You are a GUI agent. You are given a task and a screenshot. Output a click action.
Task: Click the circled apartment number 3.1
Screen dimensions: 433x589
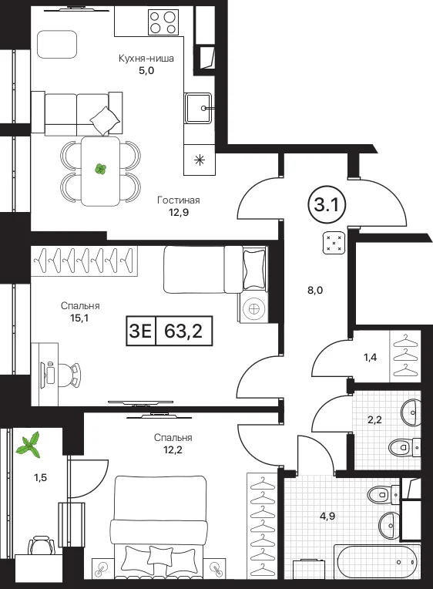click(x=327, y=206)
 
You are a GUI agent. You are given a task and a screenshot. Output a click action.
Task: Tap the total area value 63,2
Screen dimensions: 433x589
click(x=183, y=331)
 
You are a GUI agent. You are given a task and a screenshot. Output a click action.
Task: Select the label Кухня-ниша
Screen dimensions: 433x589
click(x=146, y=59)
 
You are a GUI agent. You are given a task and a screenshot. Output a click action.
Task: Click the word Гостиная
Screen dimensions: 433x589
click(x=179, y=200)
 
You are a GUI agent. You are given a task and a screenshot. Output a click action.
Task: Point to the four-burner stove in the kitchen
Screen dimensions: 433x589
click(x=163, y=22)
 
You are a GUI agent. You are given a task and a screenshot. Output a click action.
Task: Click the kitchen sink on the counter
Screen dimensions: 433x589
click(x=198, y=108)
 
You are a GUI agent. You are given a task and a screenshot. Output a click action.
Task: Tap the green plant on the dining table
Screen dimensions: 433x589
click(x=100, y=170)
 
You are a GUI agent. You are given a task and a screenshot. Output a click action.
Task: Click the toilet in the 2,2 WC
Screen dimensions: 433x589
click(x=404, y=447)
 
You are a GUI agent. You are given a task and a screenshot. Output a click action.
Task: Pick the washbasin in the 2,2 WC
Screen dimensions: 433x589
click(x=411, y=412)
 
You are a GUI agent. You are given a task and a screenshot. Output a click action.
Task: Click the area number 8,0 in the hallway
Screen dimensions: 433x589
click(x=315, y=290)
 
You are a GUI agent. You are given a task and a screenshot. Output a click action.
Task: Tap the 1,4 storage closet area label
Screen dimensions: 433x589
click(x=370, y=357)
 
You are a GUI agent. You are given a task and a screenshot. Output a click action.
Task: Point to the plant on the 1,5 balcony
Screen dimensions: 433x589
click(x=30, y=445)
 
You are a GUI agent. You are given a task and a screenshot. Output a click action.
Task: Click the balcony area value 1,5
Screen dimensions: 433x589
click(x=41, y=478)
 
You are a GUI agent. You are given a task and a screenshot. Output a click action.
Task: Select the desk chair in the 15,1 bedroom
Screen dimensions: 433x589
click(x=70, y=375)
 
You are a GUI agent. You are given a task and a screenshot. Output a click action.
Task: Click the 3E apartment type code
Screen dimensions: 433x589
click(x=140, y=331)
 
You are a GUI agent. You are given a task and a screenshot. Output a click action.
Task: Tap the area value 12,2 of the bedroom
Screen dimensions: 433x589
click(x=173, y=449)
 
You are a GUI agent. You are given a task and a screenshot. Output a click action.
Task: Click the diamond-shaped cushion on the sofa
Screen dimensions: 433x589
click(x=105, y=120)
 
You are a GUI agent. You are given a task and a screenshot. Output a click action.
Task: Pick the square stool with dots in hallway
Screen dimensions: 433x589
click(x=334, y=243)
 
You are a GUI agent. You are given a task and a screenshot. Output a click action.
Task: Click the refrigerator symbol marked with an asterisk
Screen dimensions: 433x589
click(x=200, y=160)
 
